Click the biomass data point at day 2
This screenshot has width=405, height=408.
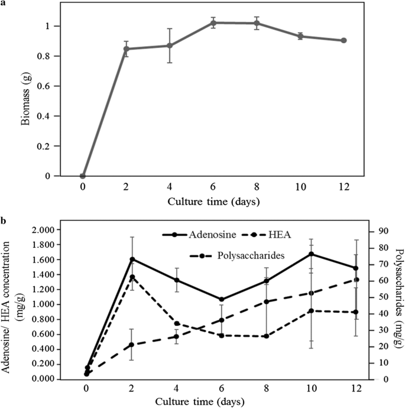coord(127,48)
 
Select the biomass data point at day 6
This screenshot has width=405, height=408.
coord(213,23)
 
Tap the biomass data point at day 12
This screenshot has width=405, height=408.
coord(344,40)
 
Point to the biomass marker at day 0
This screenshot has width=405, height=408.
coord(83,176)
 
